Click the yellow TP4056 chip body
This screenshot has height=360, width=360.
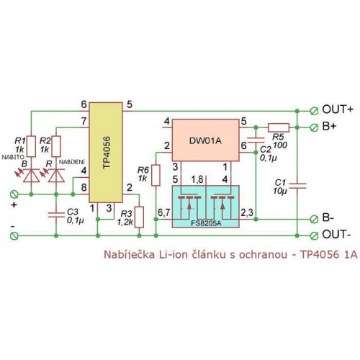pyautogui.click(x=106, y=153)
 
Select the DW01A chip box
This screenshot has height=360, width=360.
pyautogui.click(x=206, y=140)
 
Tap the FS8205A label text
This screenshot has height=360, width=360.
pyautogui.click(x=206, y=224)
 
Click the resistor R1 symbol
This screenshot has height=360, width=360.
pyautogui.click(x=31, y=146)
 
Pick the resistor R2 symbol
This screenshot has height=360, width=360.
pyautogui.click(x=56, y=146)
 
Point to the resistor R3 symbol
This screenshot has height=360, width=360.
pyautogui.click(x=139, y=217)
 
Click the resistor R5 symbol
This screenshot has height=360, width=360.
pyautogui.click(x=279, y=127)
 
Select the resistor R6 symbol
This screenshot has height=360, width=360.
pyautogui.click(x=156, y=175)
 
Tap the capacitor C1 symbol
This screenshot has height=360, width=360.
pyautogui.click(x=297, y=186)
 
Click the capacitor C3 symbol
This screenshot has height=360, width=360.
pyautogui.click(x=56, y=215)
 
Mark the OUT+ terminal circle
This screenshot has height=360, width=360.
pyautogui.click(x=314, y=111)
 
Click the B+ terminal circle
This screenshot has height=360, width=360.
pyautogui.click(x=314, y=127)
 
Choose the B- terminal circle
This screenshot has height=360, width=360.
pyautogui.click(x=314, y=219)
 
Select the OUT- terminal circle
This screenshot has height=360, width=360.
pyautogui.click(x=314, y=236)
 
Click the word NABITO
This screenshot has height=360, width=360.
pyautogui.click(x=13, y=157)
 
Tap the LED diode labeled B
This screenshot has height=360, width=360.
pyautogui.click(x=31, y=176)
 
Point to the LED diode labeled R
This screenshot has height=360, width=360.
pyautogui.click(x=56, y=176)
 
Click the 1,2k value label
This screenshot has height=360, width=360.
pyautogui.click(x=125, y=222)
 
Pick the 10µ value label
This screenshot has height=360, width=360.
pyautogui.click(x=280, y=191)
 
